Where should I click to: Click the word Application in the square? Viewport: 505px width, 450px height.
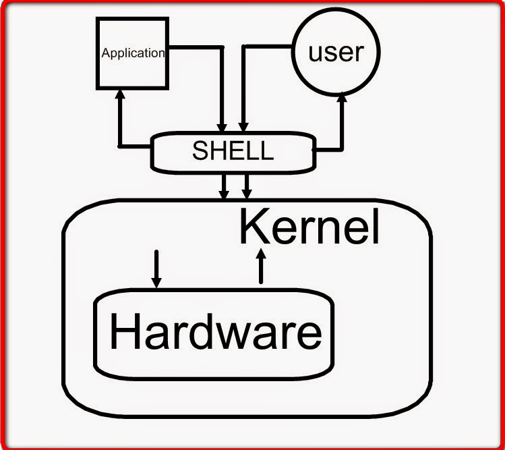pyautogui.click(x=133, y=53)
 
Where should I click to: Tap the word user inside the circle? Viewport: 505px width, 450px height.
pyautogui.click(x=335, y=52)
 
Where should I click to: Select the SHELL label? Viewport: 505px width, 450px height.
pyautogui.click(x=233, y=150)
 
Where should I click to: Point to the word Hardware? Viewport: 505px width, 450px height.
pyautogui.click(x=215, y=332)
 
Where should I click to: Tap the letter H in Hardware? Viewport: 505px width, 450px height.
pyautogui.click(x=125, y=332)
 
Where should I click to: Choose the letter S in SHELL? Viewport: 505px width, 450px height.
pyautogui.click(x=200, y=150)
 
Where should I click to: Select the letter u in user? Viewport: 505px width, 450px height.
pyautogui.click(x=316, y=53)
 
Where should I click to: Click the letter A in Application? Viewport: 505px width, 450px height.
pyautogui.click(x=105, y=53)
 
